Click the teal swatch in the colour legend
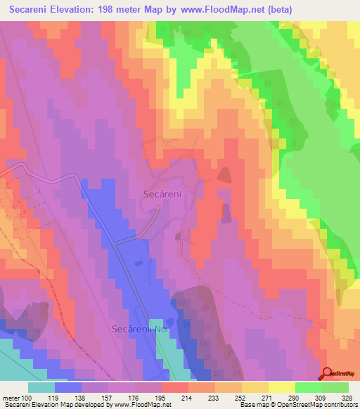pyautogui.click(x=41, y=387)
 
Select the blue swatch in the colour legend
pyautogui.click(x=68, y=387)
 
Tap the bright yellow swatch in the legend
pyautogui.click(x=282, y=387)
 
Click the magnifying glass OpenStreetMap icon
pyautogui.click(x=328, y=375)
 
